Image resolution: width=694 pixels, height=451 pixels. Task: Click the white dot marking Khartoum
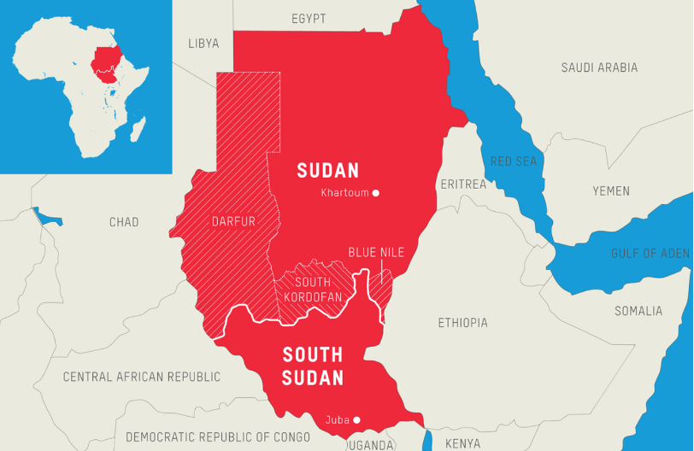pyautogui.click(x=376, y=193)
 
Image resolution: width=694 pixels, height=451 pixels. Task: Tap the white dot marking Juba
pyautogui.click(x=356, y=419)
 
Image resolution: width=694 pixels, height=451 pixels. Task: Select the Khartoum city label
pyautogui.click(x=344, y=193)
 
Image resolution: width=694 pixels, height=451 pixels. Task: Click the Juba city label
pyautogui.click(x=337, y=419)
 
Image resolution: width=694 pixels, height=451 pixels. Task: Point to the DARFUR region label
pyautogui.click(x=233, y=222)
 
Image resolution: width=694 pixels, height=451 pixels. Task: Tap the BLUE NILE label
pyautogui.click(x=376, y=252)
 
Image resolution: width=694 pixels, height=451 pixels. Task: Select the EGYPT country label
pyautogui.click(x=309, y=19)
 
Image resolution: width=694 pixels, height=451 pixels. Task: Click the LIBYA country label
pyautogui.click(x=203, y=43)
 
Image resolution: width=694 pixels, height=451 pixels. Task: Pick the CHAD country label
pyautogui.click(x=124, y=222)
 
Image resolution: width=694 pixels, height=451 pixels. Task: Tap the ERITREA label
pyautogui.click(x=463, y=184)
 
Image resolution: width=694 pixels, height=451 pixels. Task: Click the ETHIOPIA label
pyautogui.click(x=462, y=323)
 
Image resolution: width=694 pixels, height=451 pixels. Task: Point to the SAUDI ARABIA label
pyautogui.click(x=599, y=67)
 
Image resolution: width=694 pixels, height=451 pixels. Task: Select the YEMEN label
pyautogui.click(x=611, y=191)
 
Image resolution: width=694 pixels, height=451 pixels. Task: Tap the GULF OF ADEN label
pyautogui.click(x=650, y=254)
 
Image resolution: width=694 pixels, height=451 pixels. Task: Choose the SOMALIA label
pyautogui.click(x=638, y=311)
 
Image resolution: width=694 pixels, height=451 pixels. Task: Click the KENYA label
pyautogui.click(x=463, y=443)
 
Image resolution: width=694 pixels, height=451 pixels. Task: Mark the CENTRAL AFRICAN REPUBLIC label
pyautogui.click(x=142, y=377)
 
